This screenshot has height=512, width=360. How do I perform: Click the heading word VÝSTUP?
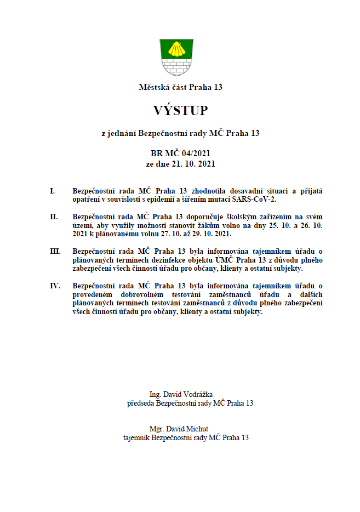[x=180, y=111]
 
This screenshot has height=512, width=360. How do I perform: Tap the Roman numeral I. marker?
[x=52, y=191]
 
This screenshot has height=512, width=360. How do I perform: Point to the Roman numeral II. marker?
[x=53, y=217]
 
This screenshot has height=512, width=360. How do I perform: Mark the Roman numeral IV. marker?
[x=54, y=286]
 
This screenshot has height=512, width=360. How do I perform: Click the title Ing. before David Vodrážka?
[x=156, y=395]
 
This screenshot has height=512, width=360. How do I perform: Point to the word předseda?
[x=141, y=403]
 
